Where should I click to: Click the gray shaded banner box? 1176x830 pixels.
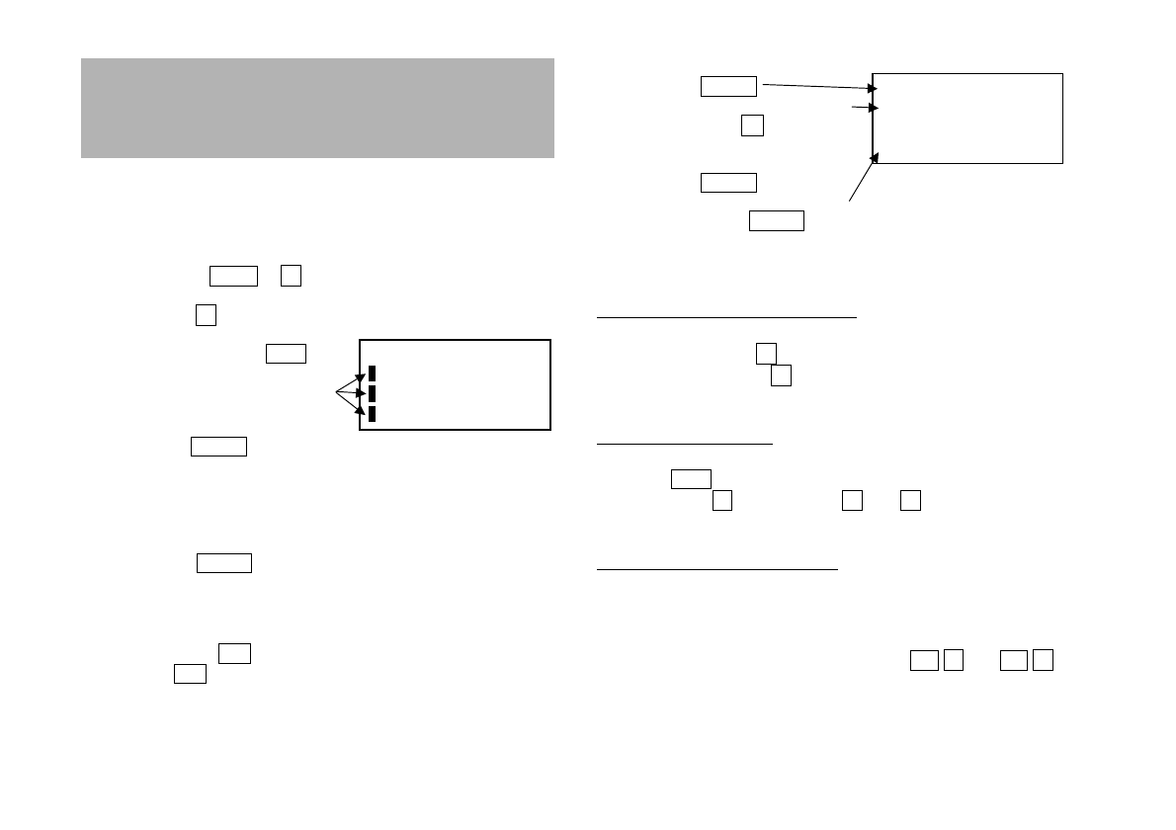[x=317, y=108]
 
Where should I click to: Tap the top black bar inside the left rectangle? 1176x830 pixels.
[x=373, y=373]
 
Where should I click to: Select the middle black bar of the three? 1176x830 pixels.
[x=373, y=393]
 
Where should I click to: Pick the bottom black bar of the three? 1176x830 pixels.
[x=373, y=413]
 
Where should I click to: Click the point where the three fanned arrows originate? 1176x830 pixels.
[x=337, y=393]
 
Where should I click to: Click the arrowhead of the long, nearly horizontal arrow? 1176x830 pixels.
[x=873, y=89]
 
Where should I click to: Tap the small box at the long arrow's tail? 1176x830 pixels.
[x=728, y=86]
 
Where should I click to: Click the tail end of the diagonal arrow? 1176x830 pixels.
[x=850, y=202]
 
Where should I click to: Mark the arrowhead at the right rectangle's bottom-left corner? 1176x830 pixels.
[x=875, y=156]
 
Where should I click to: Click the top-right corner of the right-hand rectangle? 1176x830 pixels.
[x=1062, y=73]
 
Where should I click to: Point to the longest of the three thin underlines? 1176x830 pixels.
[x=726, y=318]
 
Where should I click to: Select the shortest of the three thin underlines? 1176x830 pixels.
[x=685, y=445]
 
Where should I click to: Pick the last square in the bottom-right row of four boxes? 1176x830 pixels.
[x=1042, y=660]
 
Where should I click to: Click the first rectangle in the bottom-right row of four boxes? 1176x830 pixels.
[x=923, y=660]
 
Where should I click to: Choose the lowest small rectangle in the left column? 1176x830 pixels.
[x=190, y=674]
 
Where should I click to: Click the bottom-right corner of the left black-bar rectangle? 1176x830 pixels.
[x=549, y=430]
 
